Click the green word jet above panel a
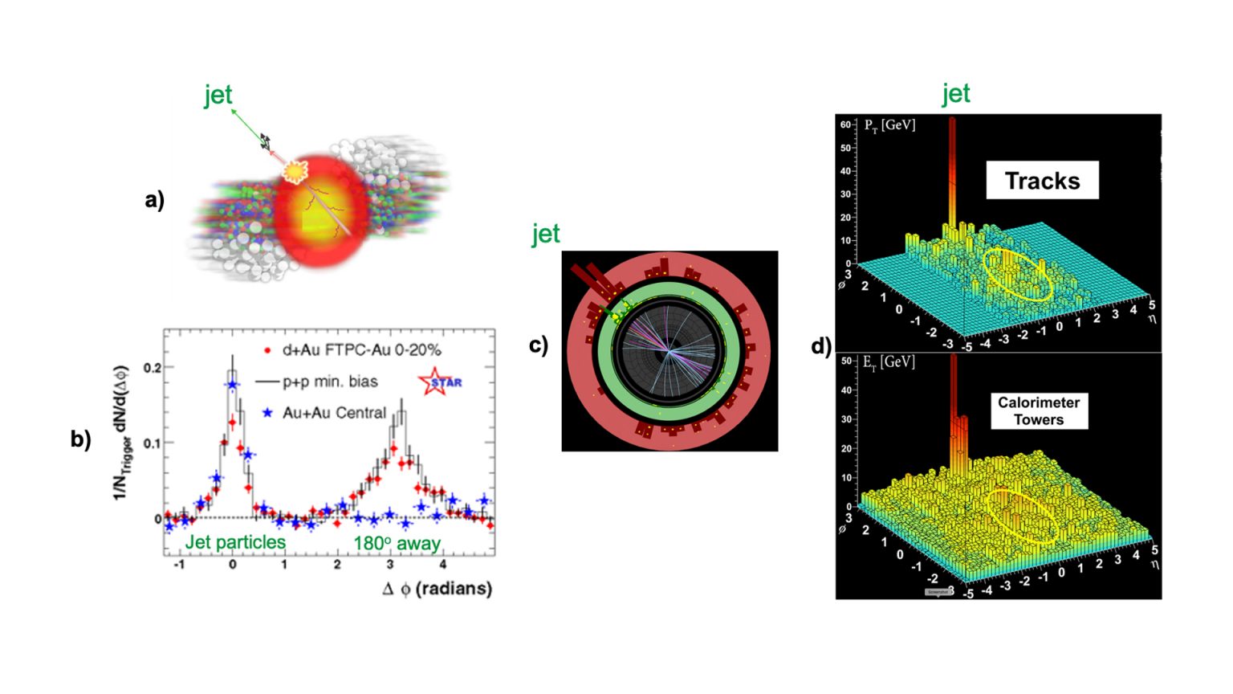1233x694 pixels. [x=218, y=96]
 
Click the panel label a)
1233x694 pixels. [x=155, y=199]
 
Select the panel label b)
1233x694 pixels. [x=81, y=439]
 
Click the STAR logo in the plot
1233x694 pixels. [x=441, y=382]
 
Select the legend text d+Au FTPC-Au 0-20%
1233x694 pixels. [x=361, y=350]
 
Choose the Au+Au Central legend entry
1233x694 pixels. [x=334, y=413]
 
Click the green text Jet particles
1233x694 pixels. [x=235, y=543]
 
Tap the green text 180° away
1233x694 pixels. [x=397, y=544]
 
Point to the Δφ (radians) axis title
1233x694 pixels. [x=437, y=589]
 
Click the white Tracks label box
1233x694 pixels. [x=1042, y=181]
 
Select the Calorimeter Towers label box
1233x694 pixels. [x=1039, y=410]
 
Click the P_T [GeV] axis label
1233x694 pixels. [x=889, y=125]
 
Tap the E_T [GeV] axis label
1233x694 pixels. [x=889, y=362]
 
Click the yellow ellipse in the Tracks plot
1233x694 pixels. [x=1018, y=274]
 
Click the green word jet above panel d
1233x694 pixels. [x=956, y=94]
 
